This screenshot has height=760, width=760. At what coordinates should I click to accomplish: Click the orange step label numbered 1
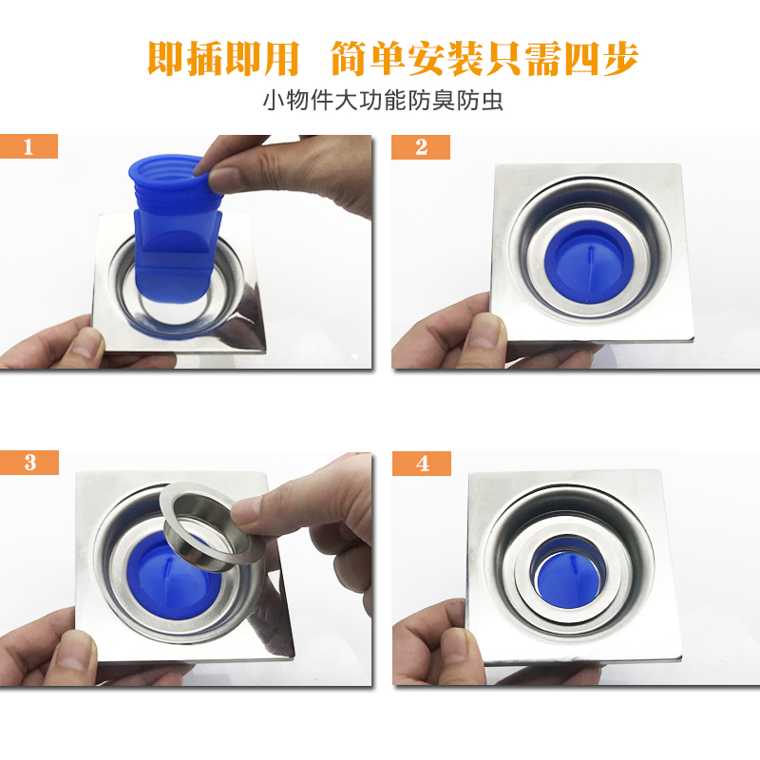point(28,146)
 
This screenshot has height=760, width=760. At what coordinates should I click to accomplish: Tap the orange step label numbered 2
point(421,147)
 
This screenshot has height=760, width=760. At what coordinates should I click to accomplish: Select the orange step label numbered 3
point(29,463)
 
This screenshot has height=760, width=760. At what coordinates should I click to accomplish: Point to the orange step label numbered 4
point(422,464)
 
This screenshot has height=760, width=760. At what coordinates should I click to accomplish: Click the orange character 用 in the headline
point(281,59)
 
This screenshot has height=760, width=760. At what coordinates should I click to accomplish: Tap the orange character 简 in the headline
point(349,59)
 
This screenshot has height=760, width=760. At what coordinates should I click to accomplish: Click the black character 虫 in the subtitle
point(492,101)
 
